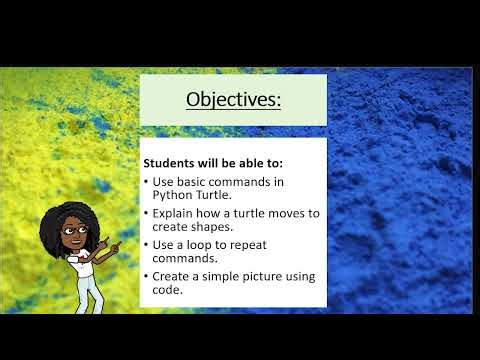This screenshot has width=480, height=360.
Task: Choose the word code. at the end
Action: (168, 289)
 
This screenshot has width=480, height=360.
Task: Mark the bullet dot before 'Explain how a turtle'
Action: (146, 213)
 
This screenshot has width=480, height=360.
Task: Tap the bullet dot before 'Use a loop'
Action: (146, 244)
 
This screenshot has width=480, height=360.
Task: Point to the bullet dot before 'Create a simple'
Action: (146, 275)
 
